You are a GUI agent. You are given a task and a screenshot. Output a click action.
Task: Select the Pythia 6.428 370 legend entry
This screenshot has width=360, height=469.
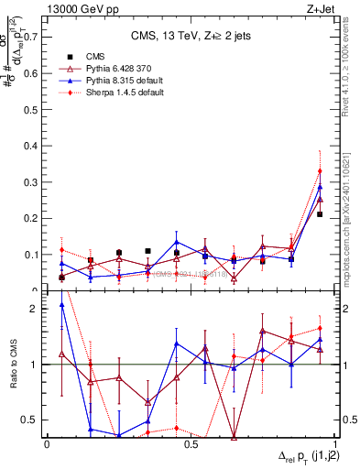click(x=101, y=69)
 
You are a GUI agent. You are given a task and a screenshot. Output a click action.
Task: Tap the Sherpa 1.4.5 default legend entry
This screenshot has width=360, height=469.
click(x=102, y=93)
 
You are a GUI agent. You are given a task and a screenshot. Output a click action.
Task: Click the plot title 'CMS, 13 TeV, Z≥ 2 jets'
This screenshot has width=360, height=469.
click(x=191, y=37)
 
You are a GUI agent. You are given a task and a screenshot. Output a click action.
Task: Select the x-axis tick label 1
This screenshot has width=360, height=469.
click(x=335, y=443)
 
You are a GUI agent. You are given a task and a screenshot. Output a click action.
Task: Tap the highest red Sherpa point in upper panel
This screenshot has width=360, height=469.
click(x=320, y=171)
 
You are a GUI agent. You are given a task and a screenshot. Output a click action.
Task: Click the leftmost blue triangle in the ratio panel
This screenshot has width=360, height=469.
click(x=61, y=305)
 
